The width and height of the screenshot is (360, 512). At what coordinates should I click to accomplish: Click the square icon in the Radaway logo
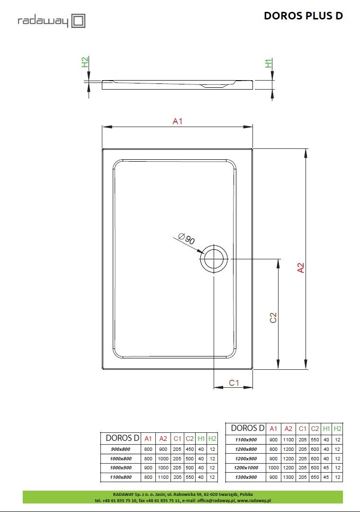(x=78, y=21)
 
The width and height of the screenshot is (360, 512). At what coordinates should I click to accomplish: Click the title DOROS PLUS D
(x=303, y=16)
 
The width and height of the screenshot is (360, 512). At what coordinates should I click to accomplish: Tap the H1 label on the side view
(x=269, y=63)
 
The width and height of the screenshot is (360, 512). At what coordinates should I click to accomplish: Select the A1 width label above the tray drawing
(x=177, y=121)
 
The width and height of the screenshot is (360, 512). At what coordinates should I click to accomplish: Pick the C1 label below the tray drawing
(x=234, y=383)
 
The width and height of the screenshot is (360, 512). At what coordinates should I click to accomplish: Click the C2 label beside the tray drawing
(x=273, y=318)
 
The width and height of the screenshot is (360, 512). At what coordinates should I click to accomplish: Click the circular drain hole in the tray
(x=214, y=259)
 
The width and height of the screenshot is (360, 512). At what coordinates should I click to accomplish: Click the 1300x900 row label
(x=247, y=477)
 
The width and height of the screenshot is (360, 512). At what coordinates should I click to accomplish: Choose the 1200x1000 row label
(x=247, y=468)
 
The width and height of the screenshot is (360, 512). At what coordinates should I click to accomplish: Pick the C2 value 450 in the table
(x=189, y=449)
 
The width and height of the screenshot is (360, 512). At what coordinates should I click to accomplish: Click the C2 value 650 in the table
(x=315, y=477)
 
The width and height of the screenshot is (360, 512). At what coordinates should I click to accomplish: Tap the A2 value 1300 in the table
(x=288, y=477)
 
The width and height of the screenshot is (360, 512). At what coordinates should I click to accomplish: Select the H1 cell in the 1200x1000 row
(x=326, y=468)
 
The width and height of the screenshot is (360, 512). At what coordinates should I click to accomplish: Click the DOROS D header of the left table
(x=122, y=438)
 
